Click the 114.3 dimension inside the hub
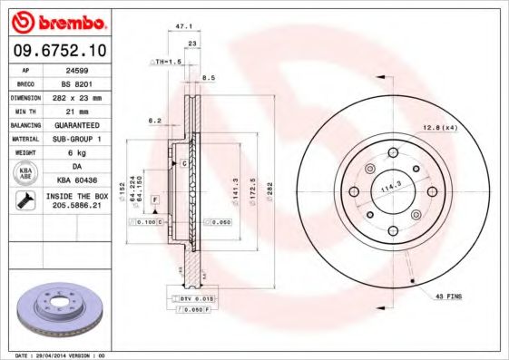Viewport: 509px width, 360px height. [391, 187]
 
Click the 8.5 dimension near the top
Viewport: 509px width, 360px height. [209, 78]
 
